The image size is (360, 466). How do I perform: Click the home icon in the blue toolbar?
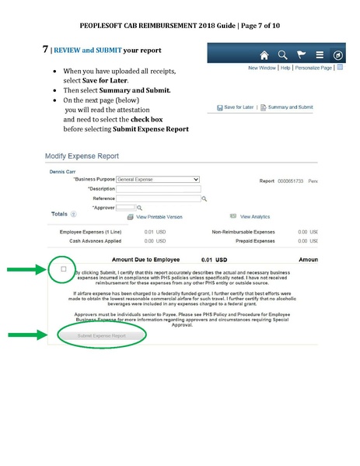[264, 56]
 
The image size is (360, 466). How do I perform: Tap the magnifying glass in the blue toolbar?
[282, 56]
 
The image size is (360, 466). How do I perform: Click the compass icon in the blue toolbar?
[338, 56]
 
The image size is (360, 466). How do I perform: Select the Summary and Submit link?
[290, 107]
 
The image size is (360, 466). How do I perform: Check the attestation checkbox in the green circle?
[63, 268]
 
